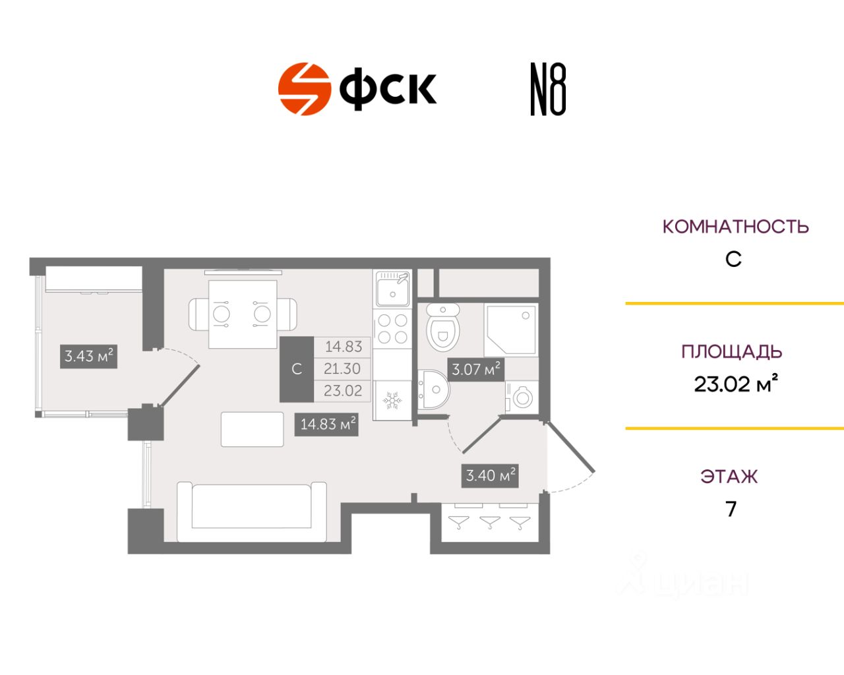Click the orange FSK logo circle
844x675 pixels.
pos(304,88)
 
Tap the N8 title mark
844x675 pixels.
pos(548,89)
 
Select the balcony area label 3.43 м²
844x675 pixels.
pos(88,356)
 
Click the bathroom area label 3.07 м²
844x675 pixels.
pos(475,369)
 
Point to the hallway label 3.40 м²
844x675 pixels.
pos(490,476)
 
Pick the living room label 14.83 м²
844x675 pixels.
pos(326,425)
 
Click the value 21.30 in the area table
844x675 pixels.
pos(342,368)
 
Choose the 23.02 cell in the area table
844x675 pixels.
pos(343,391)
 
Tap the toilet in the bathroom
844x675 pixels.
pos(443,327)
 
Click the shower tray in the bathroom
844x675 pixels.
pos(511,330)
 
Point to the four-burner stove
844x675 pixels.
pos(392,329)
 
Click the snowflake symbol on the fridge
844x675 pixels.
pos(392,400)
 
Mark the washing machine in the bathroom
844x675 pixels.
pos(522,397)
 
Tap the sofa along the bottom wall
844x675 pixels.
pos(252,512)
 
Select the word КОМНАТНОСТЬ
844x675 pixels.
pos(735,227)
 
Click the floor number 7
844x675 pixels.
pos(731,509)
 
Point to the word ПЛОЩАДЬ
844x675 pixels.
pos(732,352)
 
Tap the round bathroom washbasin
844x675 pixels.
pos(433,389)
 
